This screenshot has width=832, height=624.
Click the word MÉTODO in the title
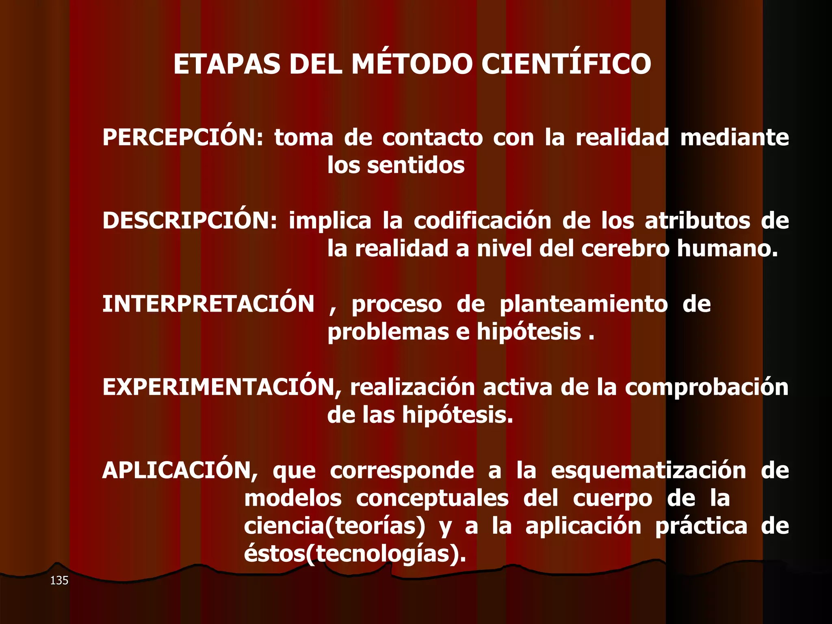pos(412,64)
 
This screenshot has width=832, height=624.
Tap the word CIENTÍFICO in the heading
pos(566,64)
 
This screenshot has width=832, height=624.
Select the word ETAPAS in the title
pos(227,64)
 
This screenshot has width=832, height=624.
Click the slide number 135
pos(59,581)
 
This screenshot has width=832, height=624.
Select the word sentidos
pos(416,165)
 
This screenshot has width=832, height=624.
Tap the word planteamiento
pos(583,304)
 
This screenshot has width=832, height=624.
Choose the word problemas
pos(388,332)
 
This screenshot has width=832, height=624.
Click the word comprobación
pos(706,388)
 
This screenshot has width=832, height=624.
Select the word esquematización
pos(648,471)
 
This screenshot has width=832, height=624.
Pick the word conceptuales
pos(432,498)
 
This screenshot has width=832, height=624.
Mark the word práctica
pos(701,526)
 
